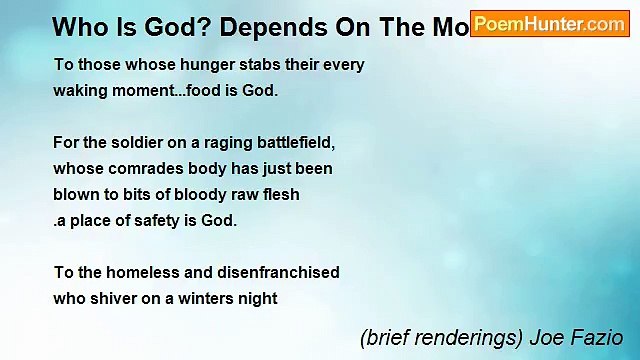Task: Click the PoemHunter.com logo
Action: pyautogui.click(x=550, y=24)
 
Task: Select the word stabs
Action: pyautogui.click(x=230, y=65)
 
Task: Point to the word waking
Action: pyautogui.click(x=80, y=90)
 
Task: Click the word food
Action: pyautogui.click(x=207, y=90)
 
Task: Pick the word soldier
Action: pyautogui.click(x=135, y=143)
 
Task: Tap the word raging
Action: pyautogui.click(x=215, y=143)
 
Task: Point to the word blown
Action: pyautogui.click(x=76, y=194)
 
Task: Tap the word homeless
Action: pyautogui.click(x=136, y=272)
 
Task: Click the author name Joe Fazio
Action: pyautogui.click(x=580, y=338)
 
